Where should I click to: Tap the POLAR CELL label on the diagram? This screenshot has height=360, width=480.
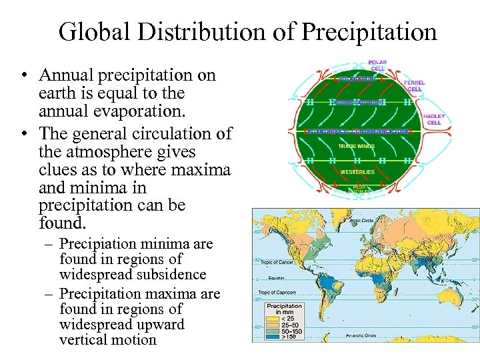point(377,65)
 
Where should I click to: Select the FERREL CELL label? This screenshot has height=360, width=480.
point(414,86)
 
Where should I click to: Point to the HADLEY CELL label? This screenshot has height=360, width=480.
point(434,119)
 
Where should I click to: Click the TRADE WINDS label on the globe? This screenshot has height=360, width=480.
point(356,145)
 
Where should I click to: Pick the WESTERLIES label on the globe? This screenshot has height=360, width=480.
point(357,171)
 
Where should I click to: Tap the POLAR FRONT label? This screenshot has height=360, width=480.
point(357,79)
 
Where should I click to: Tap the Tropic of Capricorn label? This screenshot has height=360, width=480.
point(277,291)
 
